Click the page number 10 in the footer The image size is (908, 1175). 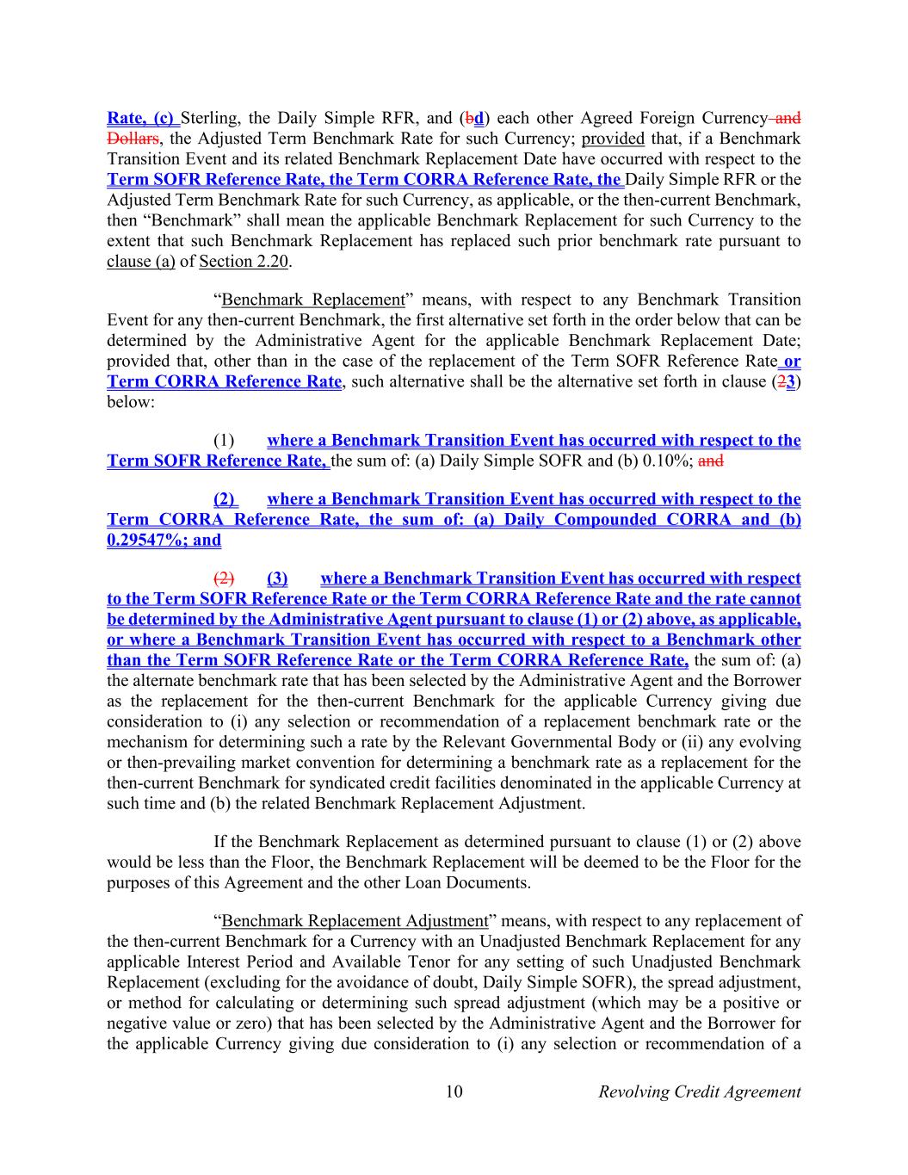(454, 1092)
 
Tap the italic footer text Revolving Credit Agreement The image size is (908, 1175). (699, 1092)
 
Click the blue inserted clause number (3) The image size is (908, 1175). (277, 578)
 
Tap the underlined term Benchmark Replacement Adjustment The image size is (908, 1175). (355, 921)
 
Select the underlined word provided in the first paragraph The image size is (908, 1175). (613, 139)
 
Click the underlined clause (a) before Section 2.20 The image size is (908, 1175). (140, 262)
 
